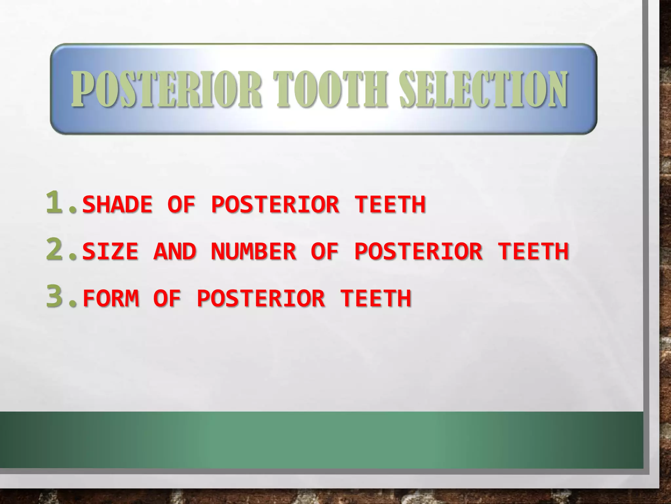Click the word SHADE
coord(117,204)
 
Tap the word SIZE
coord(110,251)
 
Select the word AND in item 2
coord(175,251)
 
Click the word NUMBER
coord(254,251)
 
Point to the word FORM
coord(111,299)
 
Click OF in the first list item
coord(182,204)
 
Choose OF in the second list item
coord(325,251)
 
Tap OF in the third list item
coord(167,299)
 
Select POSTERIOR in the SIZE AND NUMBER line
coord(418,251)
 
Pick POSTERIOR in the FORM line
coord(261,299)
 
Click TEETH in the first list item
coord(390,204)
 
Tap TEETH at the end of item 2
coord(533,251)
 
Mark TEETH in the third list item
coord(375,299)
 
